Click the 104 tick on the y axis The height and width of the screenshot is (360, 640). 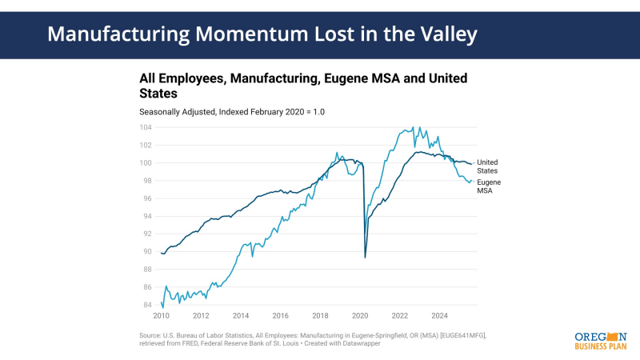click(x=146, y=127)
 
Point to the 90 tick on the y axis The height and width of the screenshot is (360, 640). click(x=147, y=251)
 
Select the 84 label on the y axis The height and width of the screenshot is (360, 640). click(x=147, y=305)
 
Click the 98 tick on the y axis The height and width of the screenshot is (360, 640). click(x=147, y=181)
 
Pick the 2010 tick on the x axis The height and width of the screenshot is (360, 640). click(x=161, y=316)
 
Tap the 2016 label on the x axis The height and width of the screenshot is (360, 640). click(x=280, y=316)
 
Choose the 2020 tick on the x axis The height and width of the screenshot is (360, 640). click(x=360, y=316)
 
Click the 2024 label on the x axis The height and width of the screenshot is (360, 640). click(x=439, y=316)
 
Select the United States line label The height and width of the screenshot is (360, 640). click(x=487, y=166)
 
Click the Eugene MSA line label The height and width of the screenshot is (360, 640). click(x=489, y=186)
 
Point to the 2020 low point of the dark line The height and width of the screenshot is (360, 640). click(x=366, y=257)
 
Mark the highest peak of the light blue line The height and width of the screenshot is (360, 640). click(x=413, y=127)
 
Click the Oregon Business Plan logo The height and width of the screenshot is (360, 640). click(x=600, y=339)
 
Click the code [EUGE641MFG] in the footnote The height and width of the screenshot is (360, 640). click(x=457, y=336)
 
